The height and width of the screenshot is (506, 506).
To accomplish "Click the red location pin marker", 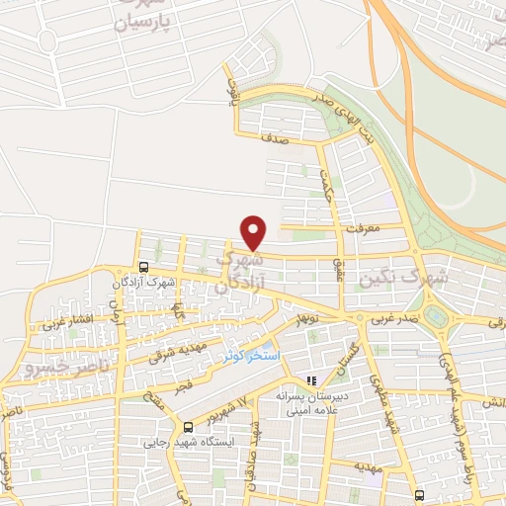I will (x=254, y=231).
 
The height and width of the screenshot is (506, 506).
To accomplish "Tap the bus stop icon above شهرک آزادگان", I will (x=144, y=267).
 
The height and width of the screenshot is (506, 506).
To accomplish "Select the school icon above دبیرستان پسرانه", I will (x=311, y=380).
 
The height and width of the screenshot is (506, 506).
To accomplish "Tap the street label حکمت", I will (x=327, y=185).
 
